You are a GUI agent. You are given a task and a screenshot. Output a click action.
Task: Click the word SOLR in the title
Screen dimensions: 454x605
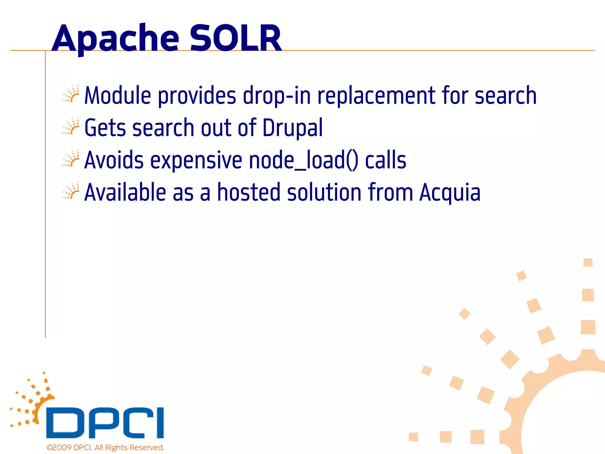[235, 38]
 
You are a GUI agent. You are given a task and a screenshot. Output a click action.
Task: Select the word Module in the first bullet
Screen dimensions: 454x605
[118, 95]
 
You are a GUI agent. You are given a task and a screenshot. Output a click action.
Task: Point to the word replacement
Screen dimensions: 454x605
[376, 96]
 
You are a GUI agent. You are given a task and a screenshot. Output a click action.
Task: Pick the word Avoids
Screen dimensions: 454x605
[114, 160]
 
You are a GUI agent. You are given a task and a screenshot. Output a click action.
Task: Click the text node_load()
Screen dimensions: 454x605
[303, 160]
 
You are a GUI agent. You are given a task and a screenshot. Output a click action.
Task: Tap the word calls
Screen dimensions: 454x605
[386, 160]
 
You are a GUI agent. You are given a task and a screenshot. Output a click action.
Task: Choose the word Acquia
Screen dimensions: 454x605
[450, 193]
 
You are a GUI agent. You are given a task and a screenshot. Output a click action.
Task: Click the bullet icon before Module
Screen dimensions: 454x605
[71, 94]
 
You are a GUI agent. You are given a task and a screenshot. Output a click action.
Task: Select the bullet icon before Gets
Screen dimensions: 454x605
[71, 127]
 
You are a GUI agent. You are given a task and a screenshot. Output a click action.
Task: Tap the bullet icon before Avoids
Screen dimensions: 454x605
[71, 159]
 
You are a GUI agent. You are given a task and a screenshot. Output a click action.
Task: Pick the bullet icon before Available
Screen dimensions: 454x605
[71, 191]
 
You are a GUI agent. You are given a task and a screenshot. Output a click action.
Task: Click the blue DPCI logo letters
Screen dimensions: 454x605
[105, 423]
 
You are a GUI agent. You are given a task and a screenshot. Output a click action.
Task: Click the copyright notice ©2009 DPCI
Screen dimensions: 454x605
[105, 447]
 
